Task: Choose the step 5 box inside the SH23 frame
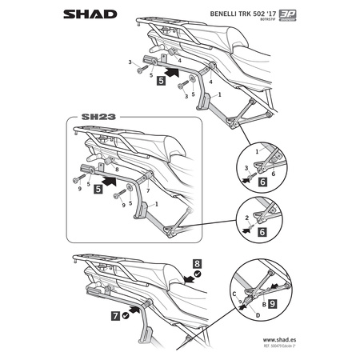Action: pos(98,190)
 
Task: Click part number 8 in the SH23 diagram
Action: pos(117,170)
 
